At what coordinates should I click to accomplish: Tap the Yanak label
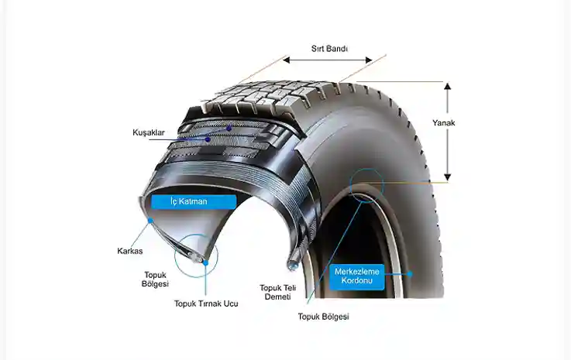pyautogui.click(x=443, y=122)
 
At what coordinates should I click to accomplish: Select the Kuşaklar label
pyautogui.click(x=148, y=132)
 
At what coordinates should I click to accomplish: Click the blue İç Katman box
pyautogui.click(x=193, y=201)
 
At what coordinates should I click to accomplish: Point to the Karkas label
pyautogui.click(x=129, y=251)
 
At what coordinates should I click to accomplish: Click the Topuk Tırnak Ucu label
pyautogui.click(x=206, y=303)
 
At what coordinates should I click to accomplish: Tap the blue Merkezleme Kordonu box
pyautogui.click(x=357, y=276)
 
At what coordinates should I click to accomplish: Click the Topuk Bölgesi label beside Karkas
pyautogui.click(x=156, y=279)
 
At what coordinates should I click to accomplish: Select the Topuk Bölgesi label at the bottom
pyautogui.click(x=324, y=316)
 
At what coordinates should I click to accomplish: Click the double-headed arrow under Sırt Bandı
pyautogui.click(x=327, y=60)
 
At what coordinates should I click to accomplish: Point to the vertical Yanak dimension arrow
pyautogui.click(x=447, y=132)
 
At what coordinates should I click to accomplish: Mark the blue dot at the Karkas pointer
pyautogui.click(x=150, y=221)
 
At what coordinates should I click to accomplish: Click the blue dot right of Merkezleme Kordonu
pyautogui.click(x=411, y=273)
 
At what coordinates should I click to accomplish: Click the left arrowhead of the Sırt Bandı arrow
pyautogui.click(x=286, y=60)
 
